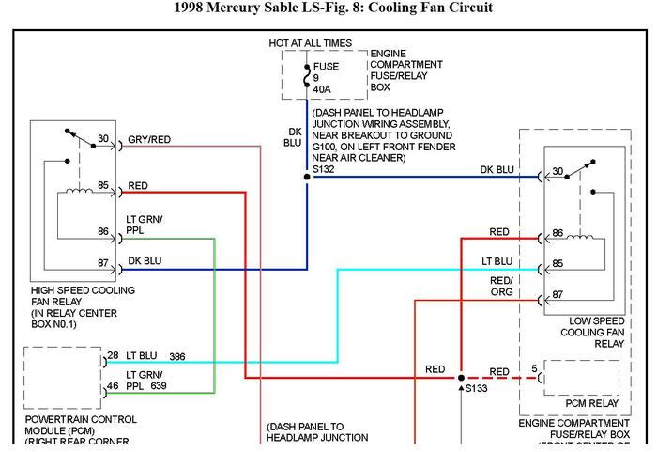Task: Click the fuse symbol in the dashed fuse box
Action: (306, 73)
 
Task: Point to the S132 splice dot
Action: (306, 176)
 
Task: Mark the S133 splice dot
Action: (460, 378)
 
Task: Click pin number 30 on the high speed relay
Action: (104, 139)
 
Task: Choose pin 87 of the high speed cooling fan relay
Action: (104, 264)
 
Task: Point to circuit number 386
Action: (177, 357)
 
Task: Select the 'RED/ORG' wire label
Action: (501, 286)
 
